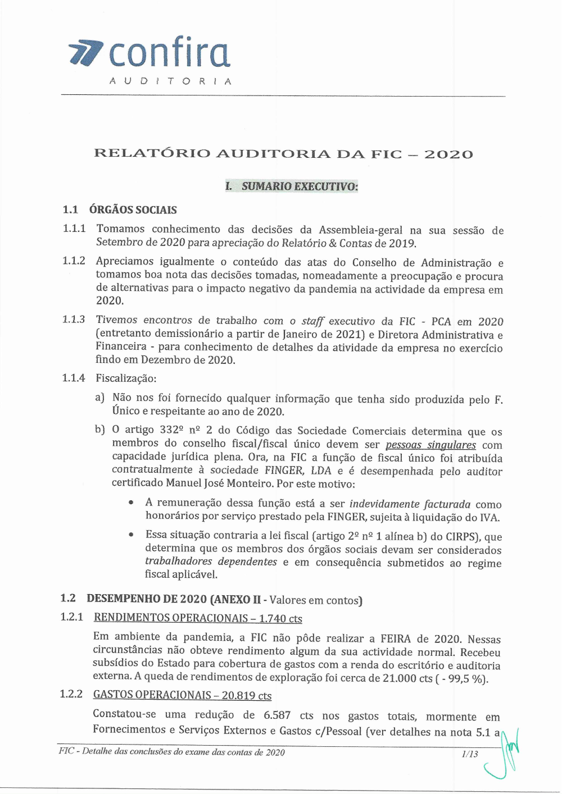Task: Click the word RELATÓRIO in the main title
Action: (151, 153)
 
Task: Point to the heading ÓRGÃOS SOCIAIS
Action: (133, 210)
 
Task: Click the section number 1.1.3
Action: (74, 320)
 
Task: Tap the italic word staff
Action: (312, 321)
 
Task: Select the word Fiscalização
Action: (125, 378)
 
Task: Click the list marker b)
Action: (100, 430)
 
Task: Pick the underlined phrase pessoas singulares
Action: (430, 445)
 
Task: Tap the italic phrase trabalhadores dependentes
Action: (211, 562)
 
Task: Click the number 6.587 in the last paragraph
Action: (277, 715)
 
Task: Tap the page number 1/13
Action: (469, 754)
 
